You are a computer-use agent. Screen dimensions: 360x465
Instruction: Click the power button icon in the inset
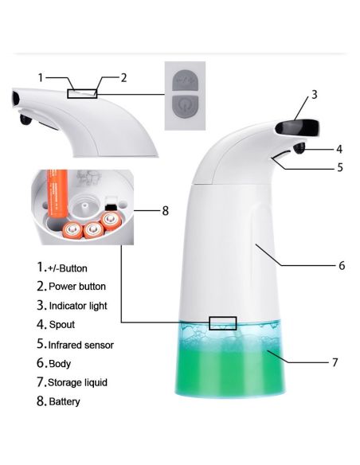click(185, 106)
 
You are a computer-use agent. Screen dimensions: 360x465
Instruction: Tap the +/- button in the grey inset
click(185, 80)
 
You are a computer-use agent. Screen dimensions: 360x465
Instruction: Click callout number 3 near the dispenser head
click(315, 95)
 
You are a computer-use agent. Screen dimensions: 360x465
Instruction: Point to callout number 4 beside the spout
click(339, 149)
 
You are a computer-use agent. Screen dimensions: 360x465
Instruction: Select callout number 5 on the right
click(340, 167)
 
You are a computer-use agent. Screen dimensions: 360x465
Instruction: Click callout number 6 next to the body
click(342, 265)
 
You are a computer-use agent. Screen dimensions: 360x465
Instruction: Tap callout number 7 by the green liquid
click(335, 362)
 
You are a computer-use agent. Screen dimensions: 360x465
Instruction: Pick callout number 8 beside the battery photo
click(165, 211)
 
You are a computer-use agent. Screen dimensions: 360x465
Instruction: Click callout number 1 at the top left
click(41, 78)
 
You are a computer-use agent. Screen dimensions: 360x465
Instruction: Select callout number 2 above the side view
click(123, 78)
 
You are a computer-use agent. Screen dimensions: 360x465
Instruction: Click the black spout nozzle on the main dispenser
click(299, 148)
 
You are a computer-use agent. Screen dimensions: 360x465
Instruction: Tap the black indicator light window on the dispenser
click(297, 128)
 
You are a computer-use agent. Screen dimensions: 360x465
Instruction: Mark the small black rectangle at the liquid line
click(223, 323)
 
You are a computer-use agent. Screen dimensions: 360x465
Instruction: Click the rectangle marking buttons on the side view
click(82, 94)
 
